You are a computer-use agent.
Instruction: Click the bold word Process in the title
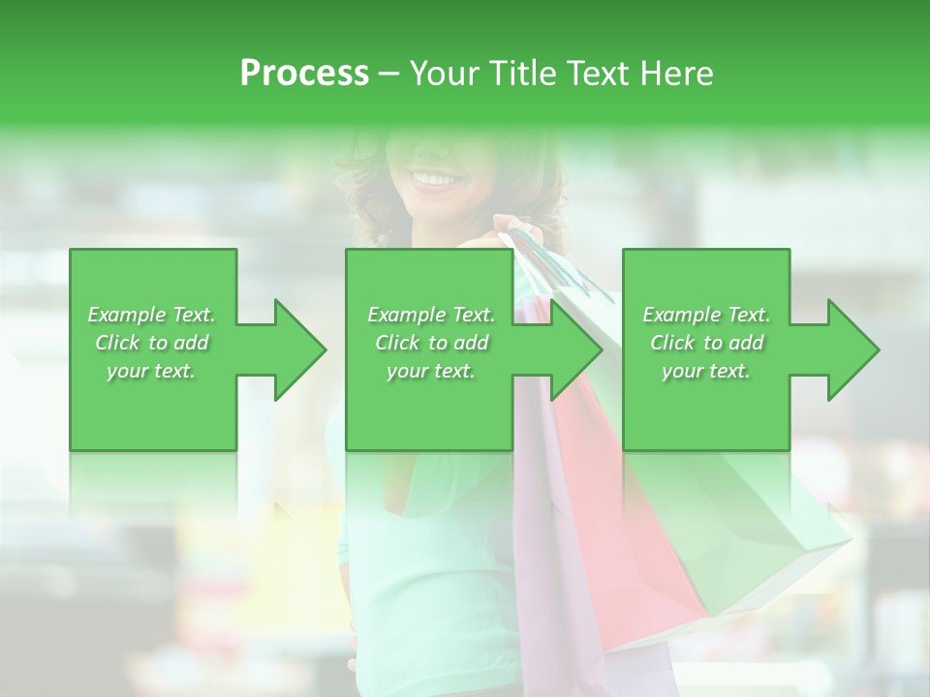coord(304,74)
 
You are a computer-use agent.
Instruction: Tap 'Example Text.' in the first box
coord(152,315)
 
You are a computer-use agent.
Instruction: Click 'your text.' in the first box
coord(152,371)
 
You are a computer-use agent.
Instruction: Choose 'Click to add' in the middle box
coord(431,343)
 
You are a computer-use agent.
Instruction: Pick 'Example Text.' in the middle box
coord(431,315)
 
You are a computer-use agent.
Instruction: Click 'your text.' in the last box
coord(706,371)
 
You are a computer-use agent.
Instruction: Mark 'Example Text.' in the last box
coord(706,315)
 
